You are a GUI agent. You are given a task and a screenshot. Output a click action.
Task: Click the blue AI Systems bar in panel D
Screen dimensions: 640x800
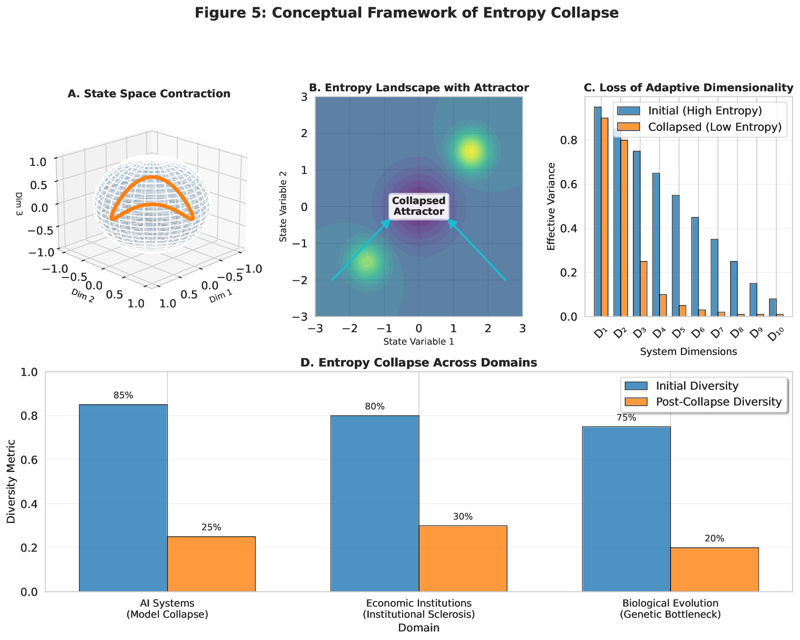pos(123,498)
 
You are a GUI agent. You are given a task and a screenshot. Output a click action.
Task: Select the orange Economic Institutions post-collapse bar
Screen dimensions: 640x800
pos(463,558)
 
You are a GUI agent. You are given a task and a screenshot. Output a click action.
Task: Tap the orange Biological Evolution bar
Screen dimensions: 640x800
pos(714,569)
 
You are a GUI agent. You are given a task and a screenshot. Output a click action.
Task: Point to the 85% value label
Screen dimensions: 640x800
pos(123,396)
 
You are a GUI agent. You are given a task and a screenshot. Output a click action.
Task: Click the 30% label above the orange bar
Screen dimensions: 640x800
pos(463,517)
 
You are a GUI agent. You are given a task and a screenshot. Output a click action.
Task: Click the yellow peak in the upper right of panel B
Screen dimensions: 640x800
pos(471,151)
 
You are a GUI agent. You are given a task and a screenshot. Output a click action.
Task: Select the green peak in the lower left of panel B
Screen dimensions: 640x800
pos(367,261)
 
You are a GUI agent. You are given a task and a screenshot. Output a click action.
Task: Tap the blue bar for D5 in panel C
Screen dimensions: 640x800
pos(675,255)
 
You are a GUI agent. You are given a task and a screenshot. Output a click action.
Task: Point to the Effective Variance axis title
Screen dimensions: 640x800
pos(551,206)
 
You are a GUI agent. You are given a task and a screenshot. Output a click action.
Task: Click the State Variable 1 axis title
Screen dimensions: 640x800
pos(419,342)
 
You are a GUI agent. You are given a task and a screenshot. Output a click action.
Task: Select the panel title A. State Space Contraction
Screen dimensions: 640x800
pos(149,93)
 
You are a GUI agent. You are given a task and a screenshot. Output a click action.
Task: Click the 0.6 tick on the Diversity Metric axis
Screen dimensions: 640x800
pos(33,460)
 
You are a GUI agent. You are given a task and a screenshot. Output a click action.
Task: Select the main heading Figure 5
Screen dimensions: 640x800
pos(406,13)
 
